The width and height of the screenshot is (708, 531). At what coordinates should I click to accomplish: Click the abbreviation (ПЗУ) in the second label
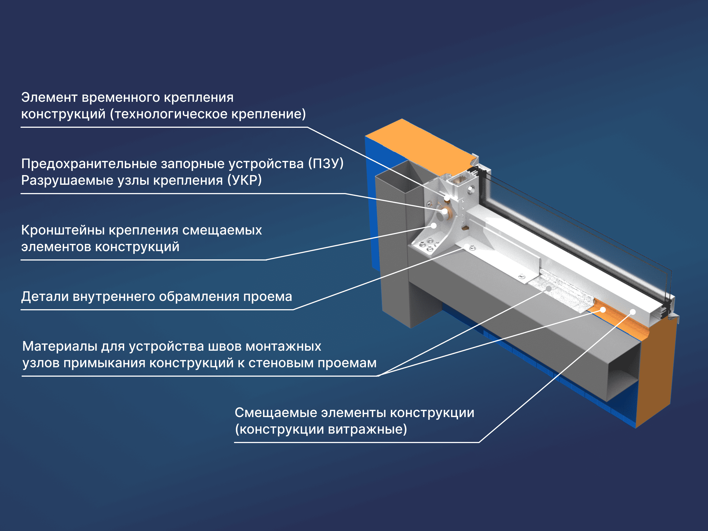click(326, 163)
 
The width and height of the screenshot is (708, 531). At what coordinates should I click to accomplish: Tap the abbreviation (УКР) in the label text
click(244, 180)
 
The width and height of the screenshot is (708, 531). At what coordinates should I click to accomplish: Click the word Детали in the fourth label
click(45, 297)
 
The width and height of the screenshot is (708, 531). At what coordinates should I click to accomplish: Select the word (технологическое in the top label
click(169, 114)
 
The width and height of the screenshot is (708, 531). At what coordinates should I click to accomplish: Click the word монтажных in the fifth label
click(283, 347)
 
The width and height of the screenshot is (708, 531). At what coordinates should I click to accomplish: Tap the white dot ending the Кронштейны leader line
click(434, 226)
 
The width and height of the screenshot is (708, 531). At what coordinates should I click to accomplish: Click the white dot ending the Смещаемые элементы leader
click(633, 312)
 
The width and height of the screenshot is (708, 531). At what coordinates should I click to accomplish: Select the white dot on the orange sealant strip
click(603, 310)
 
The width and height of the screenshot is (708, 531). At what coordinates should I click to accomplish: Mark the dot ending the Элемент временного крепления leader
click(447, 198)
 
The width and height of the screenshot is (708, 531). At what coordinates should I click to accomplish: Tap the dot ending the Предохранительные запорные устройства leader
click(445, 211)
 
